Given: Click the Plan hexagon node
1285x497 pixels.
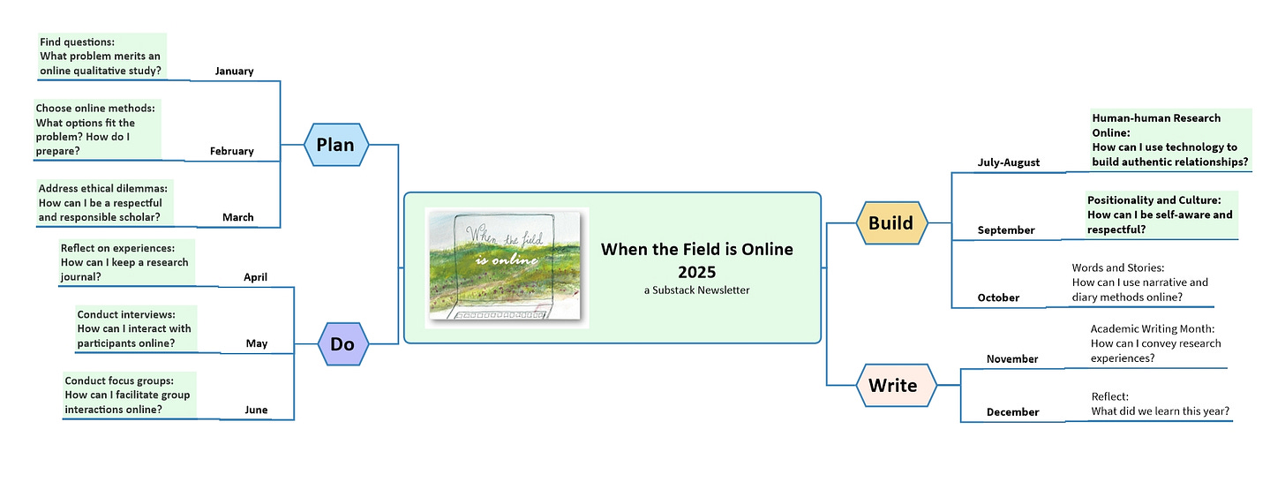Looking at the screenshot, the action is pyautogui.click(x=335, y=145).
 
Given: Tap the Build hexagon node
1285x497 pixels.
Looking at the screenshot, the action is pyautogui.click(x=890, y=222).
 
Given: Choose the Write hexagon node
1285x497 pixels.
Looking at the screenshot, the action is pyautogui.click(x=892, y=386).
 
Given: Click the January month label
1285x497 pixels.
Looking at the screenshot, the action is pyautogui.click(x=234, y=72).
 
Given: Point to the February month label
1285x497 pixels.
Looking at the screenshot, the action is pyautogui.click(x=231, y=152).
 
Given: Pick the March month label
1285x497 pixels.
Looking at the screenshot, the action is pyautogui.click(x=237, y=217).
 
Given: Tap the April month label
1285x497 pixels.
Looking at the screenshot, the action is pyautogui.click(x=255, y=277).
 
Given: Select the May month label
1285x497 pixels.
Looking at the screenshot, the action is pyautogui.click(x=256, y=343).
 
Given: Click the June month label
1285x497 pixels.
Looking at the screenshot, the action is pyautogui.click(x=256, y=410).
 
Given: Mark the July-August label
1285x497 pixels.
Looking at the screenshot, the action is pyautogui.click(x=1008, y=162).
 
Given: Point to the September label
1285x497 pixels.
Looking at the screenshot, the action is pyautogui.click(x=1005, y=230).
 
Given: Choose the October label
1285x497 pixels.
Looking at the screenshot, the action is pyautogui.click(x=998, y=298).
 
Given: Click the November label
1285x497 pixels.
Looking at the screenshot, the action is pyautogui.click(x=1011, y=359).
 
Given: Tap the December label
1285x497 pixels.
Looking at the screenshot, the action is pyautogui.click(x=1012, y=412).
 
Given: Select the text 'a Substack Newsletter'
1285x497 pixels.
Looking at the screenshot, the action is pyautogui.click(x=696, y=290).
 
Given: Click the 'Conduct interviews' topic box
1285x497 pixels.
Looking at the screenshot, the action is pyautogui.click(x=134, y=328).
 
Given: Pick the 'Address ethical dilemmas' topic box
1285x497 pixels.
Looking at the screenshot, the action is pyautogui.click(x=103, y=202).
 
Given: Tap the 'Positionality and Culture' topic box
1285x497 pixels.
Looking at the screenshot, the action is pyautogui.click(x=1160, y=215).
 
